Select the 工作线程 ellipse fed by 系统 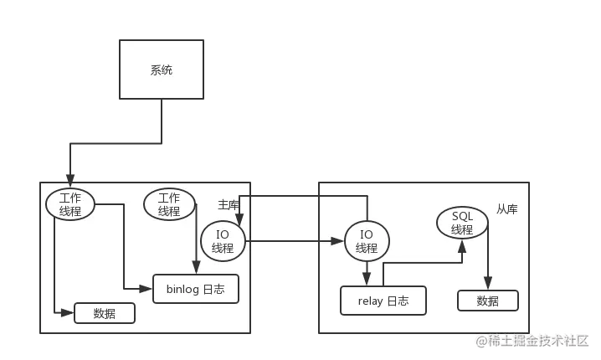70,204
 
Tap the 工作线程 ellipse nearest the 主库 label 169,204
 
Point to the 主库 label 229,204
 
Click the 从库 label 506,209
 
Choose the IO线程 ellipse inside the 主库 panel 223,241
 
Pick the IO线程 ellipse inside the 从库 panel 367,241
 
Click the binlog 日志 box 195,289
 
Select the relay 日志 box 383,301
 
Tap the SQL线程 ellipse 462,223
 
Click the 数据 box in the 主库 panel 105,314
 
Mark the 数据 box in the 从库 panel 487,301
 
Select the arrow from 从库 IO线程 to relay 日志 367,274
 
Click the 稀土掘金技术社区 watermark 532,340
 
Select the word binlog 182,289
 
